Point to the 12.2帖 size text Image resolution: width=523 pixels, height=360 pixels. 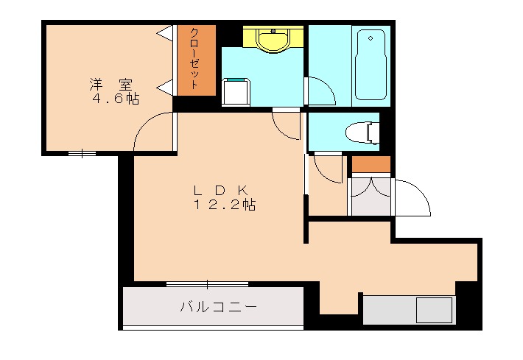point(224,205)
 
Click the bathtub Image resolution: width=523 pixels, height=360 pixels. point(371,65)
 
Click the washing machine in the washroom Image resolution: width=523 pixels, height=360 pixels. point(237,91)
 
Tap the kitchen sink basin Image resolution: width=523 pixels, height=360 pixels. point(434,309)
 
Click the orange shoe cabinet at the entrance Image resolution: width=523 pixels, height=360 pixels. point(370,163)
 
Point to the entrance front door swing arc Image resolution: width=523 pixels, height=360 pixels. point(413,197)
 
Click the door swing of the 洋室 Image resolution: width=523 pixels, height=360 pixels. point(153,133)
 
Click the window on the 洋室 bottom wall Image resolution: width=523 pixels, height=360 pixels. point(82,153)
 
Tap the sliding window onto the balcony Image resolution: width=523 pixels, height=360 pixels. point(207,284)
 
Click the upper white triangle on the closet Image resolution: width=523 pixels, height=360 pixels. point(166,32)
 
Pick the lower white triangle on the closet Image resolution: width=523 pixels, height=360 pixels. point(166,87)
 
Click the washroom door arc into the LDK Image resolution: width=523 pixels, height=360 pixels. point(287,124)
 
